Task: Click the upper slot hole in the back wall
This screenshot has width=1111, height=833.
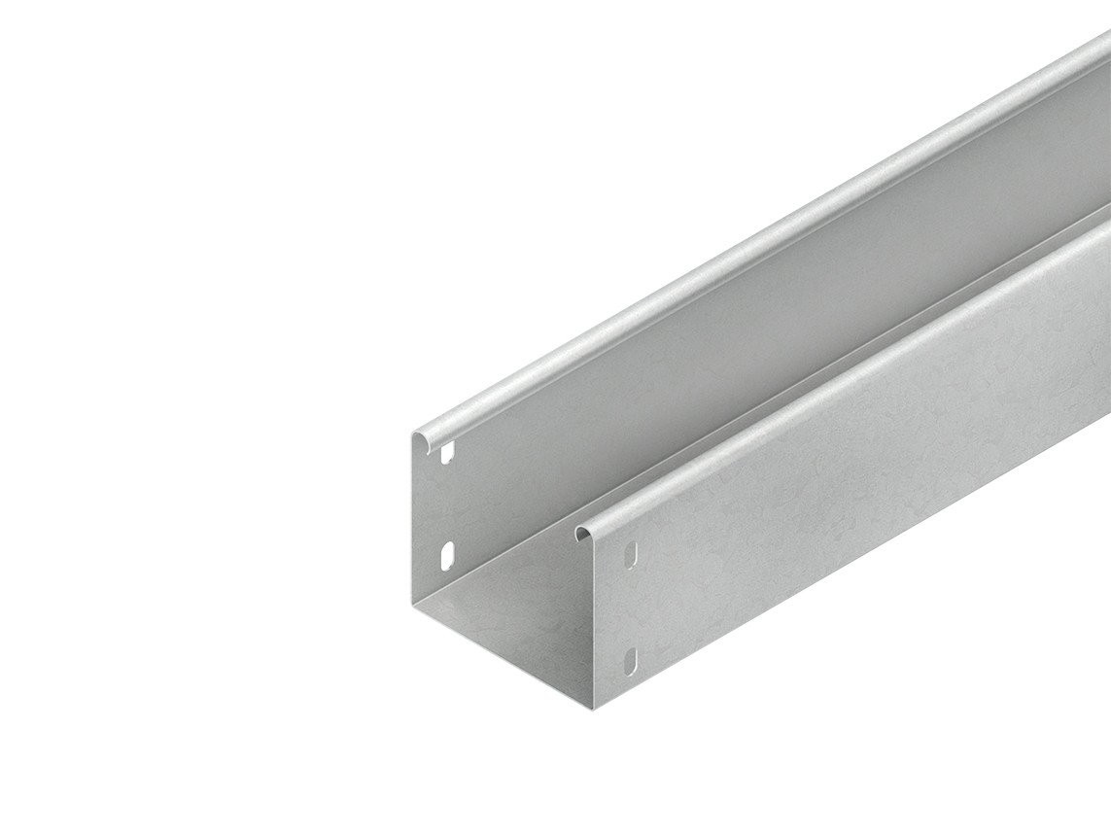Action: pos(448,453)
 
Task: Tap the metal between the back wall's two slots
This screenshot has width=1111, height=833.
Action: pos(448,503)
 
